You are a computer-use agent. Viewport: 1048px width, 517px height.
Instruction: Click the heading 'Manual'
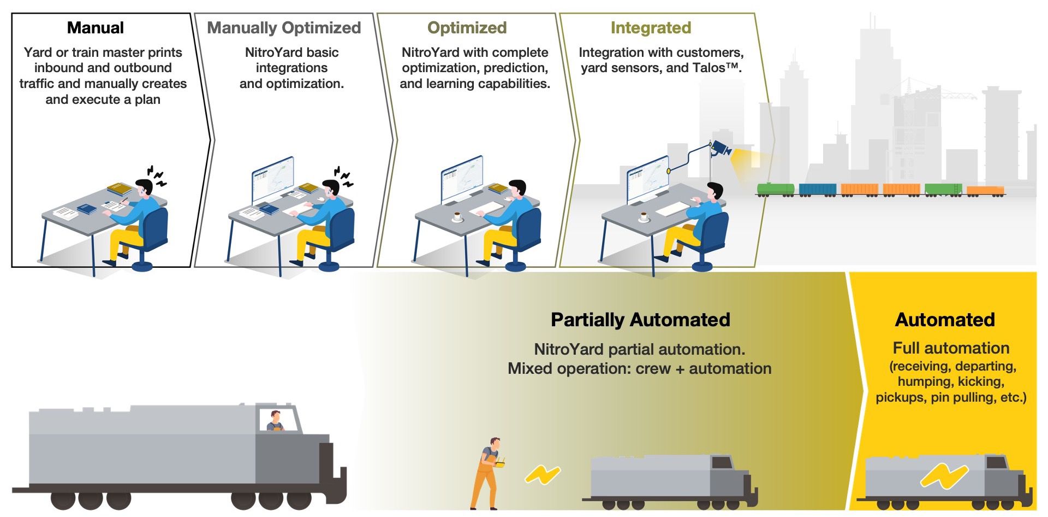(95, 28)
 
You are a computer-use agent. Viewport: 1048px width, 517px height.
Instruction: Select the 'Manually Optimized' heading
(284, 28)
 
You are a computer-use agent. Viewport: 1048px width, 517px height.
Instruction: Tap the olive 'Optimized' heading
(467, 28)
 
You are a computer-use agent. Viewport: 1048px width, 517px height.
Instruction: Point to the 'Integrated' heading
(651, 28)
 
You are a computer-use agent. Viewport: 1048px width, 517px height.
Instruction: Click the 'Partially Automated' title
(640, 320)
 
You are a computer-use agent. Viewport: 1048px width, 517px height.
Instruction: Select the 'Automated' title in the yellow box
(945, 320)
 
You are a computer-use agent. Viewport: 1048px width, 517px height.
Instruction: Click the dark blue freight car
(817, 189)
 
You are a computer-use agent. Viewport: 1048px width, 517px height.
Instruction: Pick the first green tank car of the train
(775, 189)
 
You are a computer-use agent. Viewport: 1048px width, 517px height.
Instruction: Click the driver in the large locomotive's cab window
(275, 421)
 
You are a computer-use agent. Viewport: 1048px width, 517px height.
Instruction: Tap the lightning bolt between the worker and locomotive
(542, 474)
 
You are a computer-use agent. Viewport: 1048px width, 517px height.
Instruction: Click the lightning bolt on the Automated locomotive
(943, 475)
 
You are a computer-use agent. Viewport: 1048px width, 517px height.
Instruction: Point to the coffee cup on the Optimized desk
(457, 218)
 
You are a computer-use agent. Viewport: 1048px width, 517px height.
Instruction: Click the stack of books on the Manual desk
(120, 189)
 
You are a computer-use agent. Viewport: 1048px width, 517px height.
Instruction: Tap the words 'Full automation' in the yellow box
(951, 348)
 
